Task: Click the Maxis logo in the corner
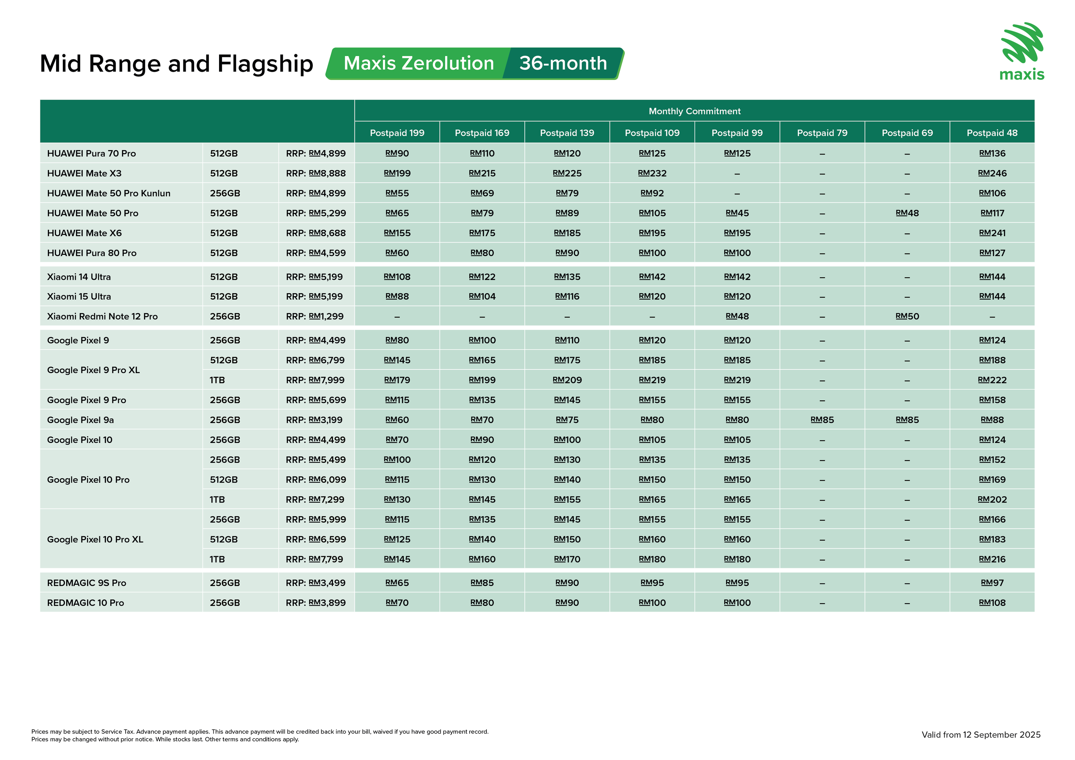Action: (x=1022, y=51)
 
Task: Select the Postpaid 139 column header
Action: (x=567, y=133)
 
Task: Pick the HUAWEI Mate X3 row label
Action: (x=84, y=174)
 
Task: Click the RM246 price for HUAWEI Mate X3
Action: (x=992, y=174)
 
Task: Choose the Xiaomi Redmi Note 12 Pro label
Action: (x=102, y=316)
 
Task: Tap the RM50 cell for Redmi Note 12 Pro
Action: (x=907, y=316)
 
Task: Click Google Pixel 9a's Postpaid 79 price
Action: (x=822, y=420)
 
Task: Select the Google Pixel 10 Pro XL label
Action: (x=95, y=540)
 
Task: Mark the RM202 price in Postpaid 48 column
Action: (x=992, y=500)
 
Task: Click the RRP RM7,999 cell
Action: (x=315, y=381)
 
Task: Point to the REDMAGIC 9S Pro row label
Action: (x=87, y=583)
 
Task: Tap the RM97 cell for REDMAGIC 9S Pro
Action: (x=992, y=583)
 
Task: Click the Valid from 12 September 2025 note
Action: (x=981, y=735)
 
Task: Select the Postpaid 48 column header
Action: (x=992, y=133)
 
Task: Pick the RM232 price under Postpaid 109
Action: (x=652, y=174)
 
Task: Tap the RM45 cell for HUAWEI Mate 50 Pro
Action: (x=737, y=213)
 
